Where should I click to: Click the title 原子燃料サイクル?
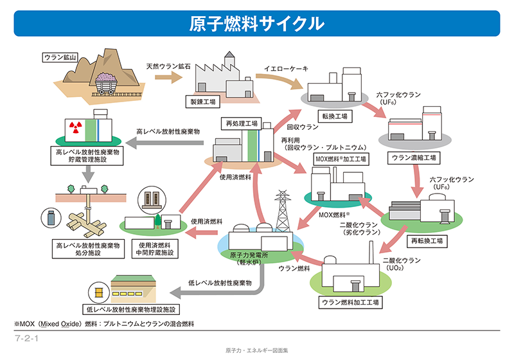point(256,24)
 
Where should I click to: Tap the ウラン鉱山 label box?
point(60,57)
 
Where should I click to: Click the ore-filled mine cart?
point(106,83)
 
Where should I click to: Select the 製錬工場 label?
point(203,102)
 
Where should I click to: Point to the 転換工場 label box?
point(335,116)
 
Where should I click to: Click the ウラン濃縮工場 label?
point(414,158)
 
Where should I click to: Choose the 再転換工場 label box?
point(427,241)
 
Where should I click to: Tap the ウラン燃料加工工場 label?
point(350,302)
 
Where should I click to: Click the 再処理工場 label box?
point(242,123)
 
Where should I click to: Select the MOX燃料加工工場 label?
point(341,159)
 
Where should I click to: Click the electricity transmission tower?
point(282,211)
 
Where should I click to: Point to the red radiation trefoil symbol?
point(75,127)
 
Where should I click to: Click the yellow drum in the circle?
point(99,292)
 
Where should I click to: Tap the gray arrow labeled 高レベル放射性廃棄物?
point(165,143)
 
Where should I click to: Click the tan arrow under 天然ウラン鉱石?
point(168,77)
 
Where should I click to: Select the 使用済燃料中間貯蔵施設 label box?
point(155,249)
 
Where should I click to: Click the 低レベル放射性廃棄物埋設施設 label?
point(131,309)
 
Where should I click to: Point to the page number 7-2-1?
point(26,338)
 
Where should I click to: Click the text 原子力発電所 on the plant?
point(249,255)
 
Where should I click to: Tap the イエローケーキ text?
point(286,69)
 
